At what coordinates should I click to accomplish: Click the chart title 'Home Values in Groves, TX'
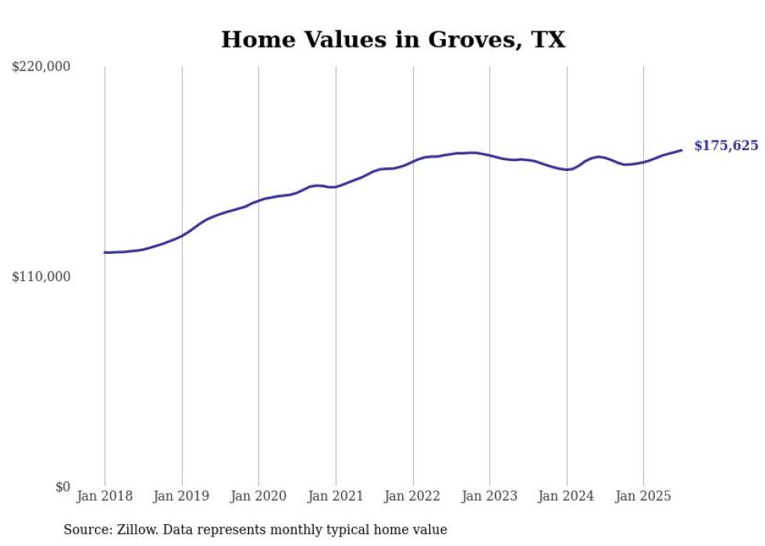coord(393,39)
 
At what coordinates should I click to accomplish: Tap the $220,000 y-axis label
coord(41,67)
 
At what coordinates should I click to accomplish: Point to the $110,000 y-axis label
coord(41,277)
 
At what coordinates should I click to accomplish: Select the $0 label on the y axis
coord(62,487)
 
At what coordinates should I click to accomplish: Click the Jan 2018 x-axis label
coord(105,496)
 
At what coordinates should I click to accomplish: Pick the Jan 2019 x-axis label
coord(182,496)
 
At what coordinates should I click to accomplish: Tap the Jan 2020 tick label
coord(258,496)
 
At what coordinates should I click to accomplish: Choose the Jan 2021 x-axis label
coord(336,496)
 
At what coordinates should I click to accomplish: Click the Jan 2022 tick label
coord(413,496)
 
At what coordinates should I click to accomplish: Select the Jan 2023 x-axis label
coord(489,496)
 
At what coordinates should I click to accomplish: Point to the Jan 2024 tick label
coord(567,496)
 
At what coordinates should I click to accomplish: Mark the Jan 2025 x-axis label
coord(643,496)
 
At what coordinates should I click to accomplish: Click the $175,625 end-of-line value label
coord(725,146)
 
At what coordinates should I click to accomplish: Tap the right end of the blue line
coord(681,150)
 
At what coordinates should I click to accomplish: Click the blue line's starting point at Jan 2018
coord(105,252)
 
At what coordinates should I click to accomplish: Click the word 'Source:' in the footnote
coord(87,530)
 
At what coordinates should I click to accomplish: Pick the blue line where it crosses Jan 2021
coord(336,187)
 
